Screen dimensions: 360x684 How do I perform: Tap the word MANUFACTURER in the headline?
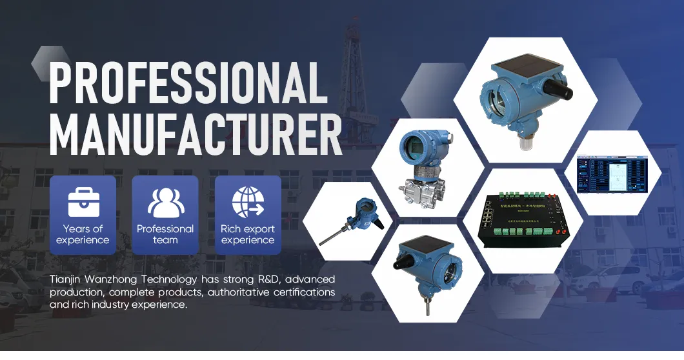[196, 134]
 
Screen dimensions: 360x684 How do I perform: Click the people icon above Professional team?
[165, 201]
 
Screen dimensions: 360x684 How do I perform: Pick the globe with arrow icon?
[248, 201]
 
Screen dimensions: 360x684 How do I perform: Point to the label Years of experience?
[83, 234]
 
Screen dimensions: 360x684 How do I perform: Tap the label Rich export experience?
[248, 234]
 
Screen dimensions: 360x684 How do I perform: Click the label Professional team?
[165, 234]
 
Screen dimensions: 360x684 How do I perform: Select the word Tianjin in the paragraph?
[66, 279]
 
